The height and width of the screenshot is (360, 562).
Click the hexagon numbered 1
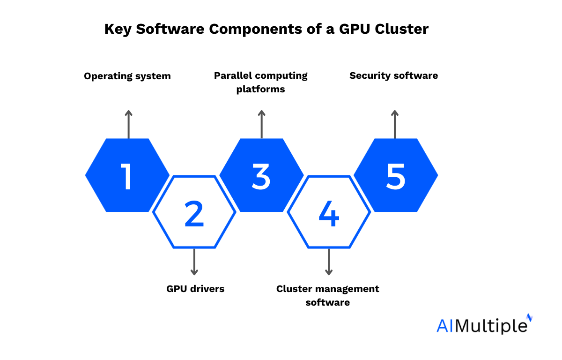[127, 175]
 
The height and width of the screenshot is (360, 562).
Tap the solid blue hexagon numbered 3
[261, 175]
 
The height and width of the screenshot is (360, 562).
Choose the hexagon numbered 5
[396, 175]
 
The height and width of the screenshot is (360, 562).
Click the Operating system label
[127, 76]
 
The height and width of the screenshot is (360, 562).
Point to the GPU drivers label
[195, 289]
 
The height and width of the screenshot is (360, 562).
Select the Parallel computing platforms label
[261, 82]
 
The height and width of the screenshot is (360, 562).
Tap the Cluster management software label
[328, 295]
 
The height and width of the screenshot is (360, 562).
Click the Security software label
[394, 75]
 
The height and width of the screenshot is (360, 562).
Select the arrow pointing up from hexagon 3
[262, 124]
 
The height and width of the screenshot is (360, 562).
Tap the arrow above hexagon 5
[395, 124]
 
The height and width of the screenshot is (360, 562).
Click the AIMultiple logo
[484, 324]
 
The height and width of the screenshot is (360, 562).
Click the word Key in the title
[116, 30]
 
